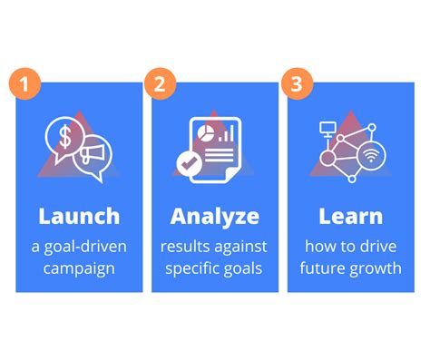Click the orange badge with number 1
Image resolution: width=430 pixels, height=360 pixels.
(26, 85)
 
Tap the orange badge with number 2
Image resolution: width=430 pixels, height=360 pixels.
(161, 85)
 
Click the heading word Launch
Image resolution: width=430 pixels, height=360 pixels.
(79, 216)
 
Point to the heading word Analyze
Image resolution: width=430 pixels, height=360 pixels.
(215, 217)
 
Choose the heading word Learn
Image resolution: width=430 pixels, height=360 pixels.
(350, 216)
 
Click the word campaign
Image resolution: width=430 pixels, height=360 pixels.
(79, 268)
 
